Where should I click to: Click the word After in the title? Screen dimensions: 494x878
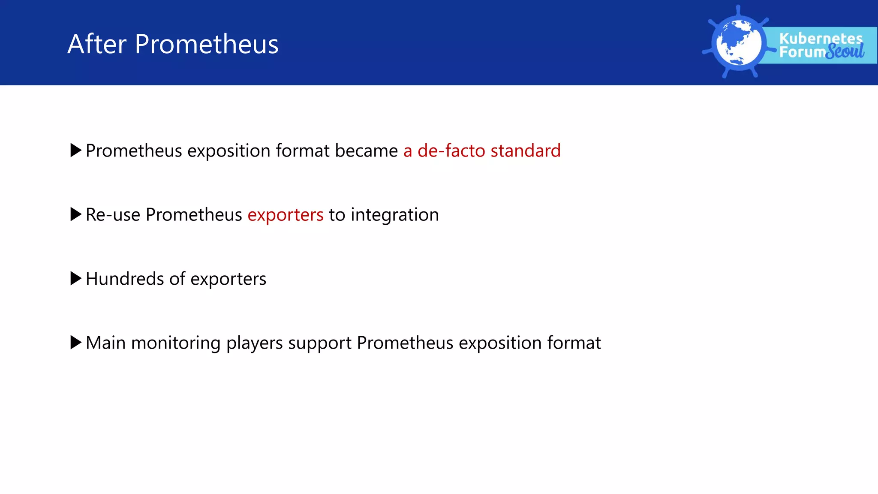97,44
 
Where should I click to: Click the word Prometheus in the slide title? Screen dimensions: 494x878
207,44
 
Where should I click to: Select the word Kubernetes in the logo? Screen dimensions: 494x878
821,38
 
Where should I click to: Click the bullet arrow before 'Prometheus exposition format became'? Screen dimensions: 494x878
75,151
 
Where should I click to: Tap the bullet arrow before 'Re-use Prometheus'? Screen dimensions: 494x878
75,214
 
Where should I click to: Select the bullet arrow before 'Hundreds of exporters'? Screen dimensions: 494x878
75,278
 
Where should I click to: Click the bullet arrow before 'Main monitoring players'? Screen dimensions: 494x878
75,342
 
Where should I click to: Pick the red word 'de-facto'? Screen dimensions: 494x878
451,151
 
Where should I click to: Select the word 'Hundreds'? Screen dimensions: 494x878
125,278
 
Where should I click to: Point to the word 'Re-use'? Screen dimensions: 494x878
113,214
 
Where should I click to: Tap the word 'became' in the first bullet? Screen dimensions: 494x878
367,151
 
